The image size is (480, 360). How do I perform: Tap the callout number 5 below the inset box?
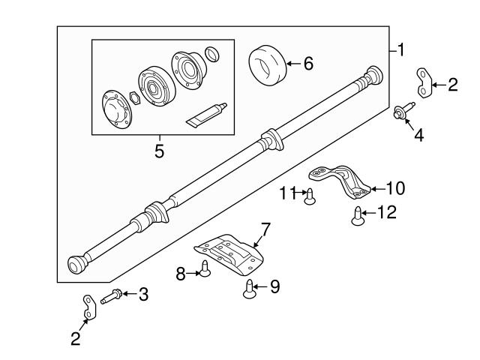click(159, 150)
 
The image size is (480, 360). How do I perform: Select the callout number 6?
click(307, 63)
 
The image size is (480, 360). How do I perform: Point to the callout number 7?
click(265, 227)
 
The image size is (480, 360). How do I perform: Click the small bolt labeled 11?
click(308, 196)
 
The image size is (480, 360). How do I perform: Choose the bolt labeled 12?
click(358, 215)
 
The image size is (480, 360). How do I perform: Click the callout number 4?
click(418, 136)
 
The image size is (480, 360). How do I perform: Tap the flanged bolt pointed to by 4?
click(401, 113)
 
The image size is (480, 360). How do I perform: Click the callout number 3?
click(142, 295)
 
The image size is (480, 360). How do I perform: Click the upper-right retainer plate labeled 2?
click(424, 82)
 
